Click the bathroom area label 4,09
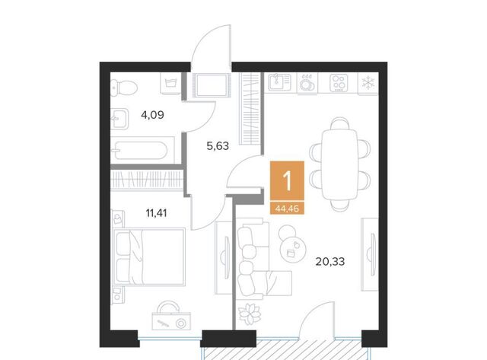tap(152, 115)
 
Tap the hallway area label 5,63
tap(218, 145)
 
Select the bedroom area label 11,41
tap(156, 213)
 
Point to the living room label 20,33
tap(329, 262)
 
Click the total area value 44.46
tap(287, 209)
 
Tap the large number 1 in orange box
tap(288, 181)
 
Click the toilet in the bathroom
tap(124, 88)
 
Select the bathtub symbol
tap(142, 151)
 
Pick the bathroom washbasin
tap(119, 119)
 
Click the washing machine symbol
tap(170, 83)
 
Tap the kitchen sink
tap(279, 82)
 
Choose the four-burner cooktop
tap(338, 83)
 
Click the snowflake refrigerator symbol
tap(368, 83)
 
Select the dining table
tap(340, 164)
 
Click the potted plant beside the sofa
tap(250, 314)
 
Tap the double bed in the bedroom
tap(149, 256)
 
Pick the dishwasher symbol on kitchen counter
tap(307, 83)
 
